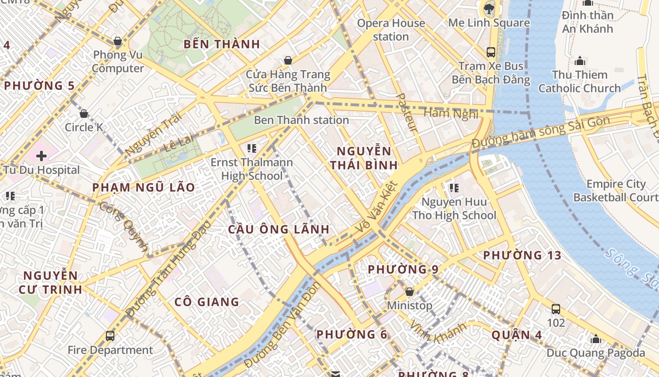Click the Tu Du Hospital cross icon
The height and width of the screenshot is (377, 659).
(41, 156)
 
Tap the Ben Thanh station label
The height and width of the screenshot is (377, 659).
(301, 120)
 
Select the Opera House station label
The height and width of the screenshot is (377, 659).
(391, 30)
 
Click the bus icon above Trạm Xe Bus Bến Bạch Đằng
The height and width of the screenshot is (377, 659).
(491, 52)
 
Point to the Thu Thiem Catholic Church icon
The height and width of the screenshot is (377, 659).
(580, 61)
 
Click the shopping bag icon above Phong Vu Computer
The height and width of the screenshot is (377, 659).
(117, 41)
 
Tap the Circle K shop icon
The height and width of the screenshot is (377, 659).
(84, 114)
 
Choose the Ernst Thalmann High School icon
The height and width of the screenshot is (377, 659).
(252, 149)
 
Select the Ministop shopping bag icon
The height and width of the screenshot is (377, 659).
(410, 292)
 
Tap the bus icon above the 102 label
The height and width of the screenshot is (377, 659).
(556, 309)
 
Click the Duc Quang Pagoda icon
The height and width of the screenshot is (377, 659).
(596, 339)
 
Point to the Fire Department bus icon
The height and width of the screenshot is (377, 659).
(110, 336)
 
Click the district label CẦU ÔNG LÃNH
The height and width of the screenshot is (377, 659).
(279, 229)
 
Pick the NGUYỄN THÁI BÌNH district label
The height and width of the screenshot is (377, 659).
(364, 158)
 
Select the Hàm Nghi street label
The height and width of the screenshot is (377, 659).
(451, 113)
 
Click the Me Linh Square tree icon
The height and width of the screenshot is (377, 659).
(489, 8)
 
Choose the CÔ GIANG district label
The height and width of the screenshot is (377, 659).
(207, 302)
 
